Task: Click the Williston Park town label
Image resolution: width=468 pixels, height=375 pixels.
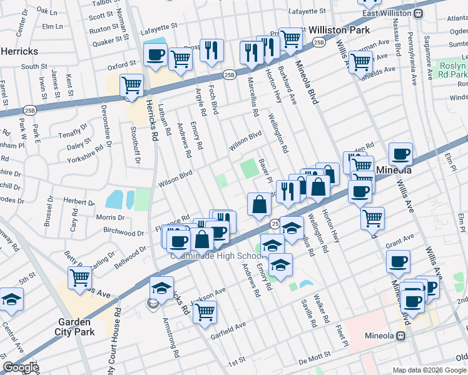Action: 339,29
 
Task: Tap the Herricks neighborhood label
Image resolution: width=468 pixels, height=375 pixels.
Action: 19,51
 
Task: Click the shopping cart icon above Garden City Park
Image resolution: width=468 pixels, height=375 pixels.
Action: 80,278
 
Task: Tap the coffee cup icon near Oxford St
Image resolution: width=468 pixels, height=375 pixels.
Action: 155,54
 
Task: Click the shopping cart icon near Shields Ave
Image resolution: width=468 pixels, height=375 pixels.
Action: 360,61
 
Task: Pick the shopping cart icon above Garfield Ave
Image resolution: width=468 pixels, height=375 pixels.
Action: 205,312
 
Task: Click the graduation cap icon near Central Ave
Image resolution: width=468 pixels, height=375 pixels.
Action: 11,299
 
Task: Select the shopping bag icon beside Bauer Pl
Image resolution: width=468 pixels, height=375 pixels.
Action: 259,204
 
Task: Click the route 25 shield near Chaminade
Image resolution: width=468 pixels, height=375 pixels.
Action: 274,223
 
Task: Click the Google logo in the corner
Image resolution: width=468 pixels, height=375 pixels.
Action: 20,367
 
